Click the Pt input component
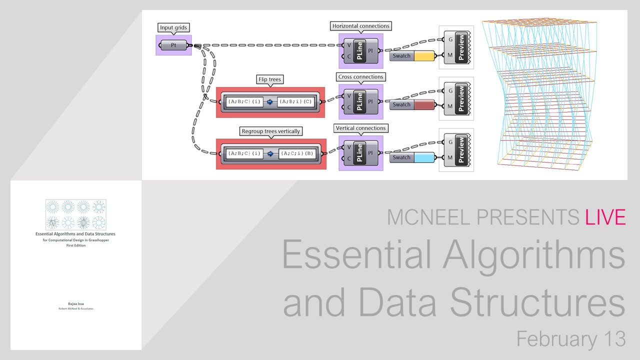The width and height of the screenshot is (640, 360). pyautogui.click(x=173, y=45)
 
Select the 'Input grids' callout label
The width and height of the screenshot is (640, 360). pyautogui.click(x=174, y=27)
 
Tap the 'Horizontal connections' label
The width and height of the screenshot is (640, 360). pyautogui.click(x=361, y=25)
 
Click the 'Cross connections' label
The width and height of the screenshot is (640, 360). pyautogui.click(x=360, y=77)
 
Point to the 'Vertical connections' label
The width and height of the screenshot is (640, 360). pyautogui.click(x=361, y=128)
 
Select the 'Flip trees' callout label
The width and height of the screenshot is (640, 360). pyautogui.click(x=269, y=79)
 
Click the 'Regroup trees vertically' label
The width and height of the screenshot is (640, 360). pyautogui.click(x=271, y=131)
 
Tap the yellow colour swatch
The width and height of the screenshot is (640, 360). pyautogui.click(x=424, y=56)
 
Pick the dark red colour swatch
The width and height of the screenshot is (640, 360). pyautogui.click(x=424, y=105)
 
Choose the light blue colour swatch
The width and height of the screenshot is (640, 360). pyautogui.click(x=424, y=157)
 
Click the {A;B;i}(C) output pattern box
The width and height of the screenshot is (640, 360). pyautogui.click(x=296, y=101)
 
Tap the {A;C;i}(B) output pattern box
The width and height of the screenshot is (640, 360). pyautogui.click(x=297, y=153)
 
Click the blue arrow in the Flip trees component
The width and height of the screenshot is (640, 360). pyautogui.click(x=270, y=101)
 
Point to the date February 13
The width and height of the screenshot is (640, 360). pyautogui.click(x=570, y=339)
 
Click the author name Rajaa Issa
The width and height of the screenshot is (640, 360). pyautogui.click(x=75, y=303)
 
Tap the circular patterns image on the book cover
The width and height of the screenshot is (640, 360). pyautogui.click(x=75, y=214)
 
